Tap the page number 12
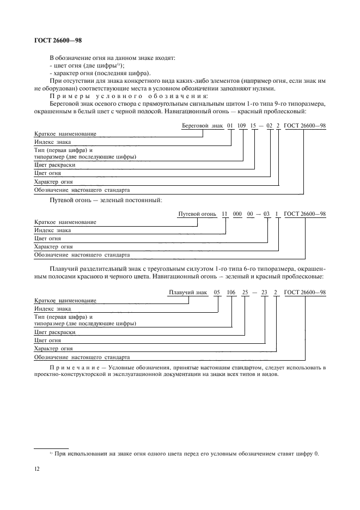pos(37,467)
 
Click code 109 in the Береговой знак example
pos(242,126)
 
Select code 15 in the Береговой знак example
pos(254,126)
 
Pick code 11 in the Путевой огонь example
pos(224,214)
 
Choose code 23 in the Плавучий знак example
pos(264,293)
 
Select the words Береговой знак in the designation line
pos(202,126)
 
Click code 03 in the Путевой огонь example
pos(267,214)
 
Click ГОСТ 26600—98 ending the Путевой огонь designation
pos(305,214)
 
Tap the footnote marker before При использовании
pos(51,452)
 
